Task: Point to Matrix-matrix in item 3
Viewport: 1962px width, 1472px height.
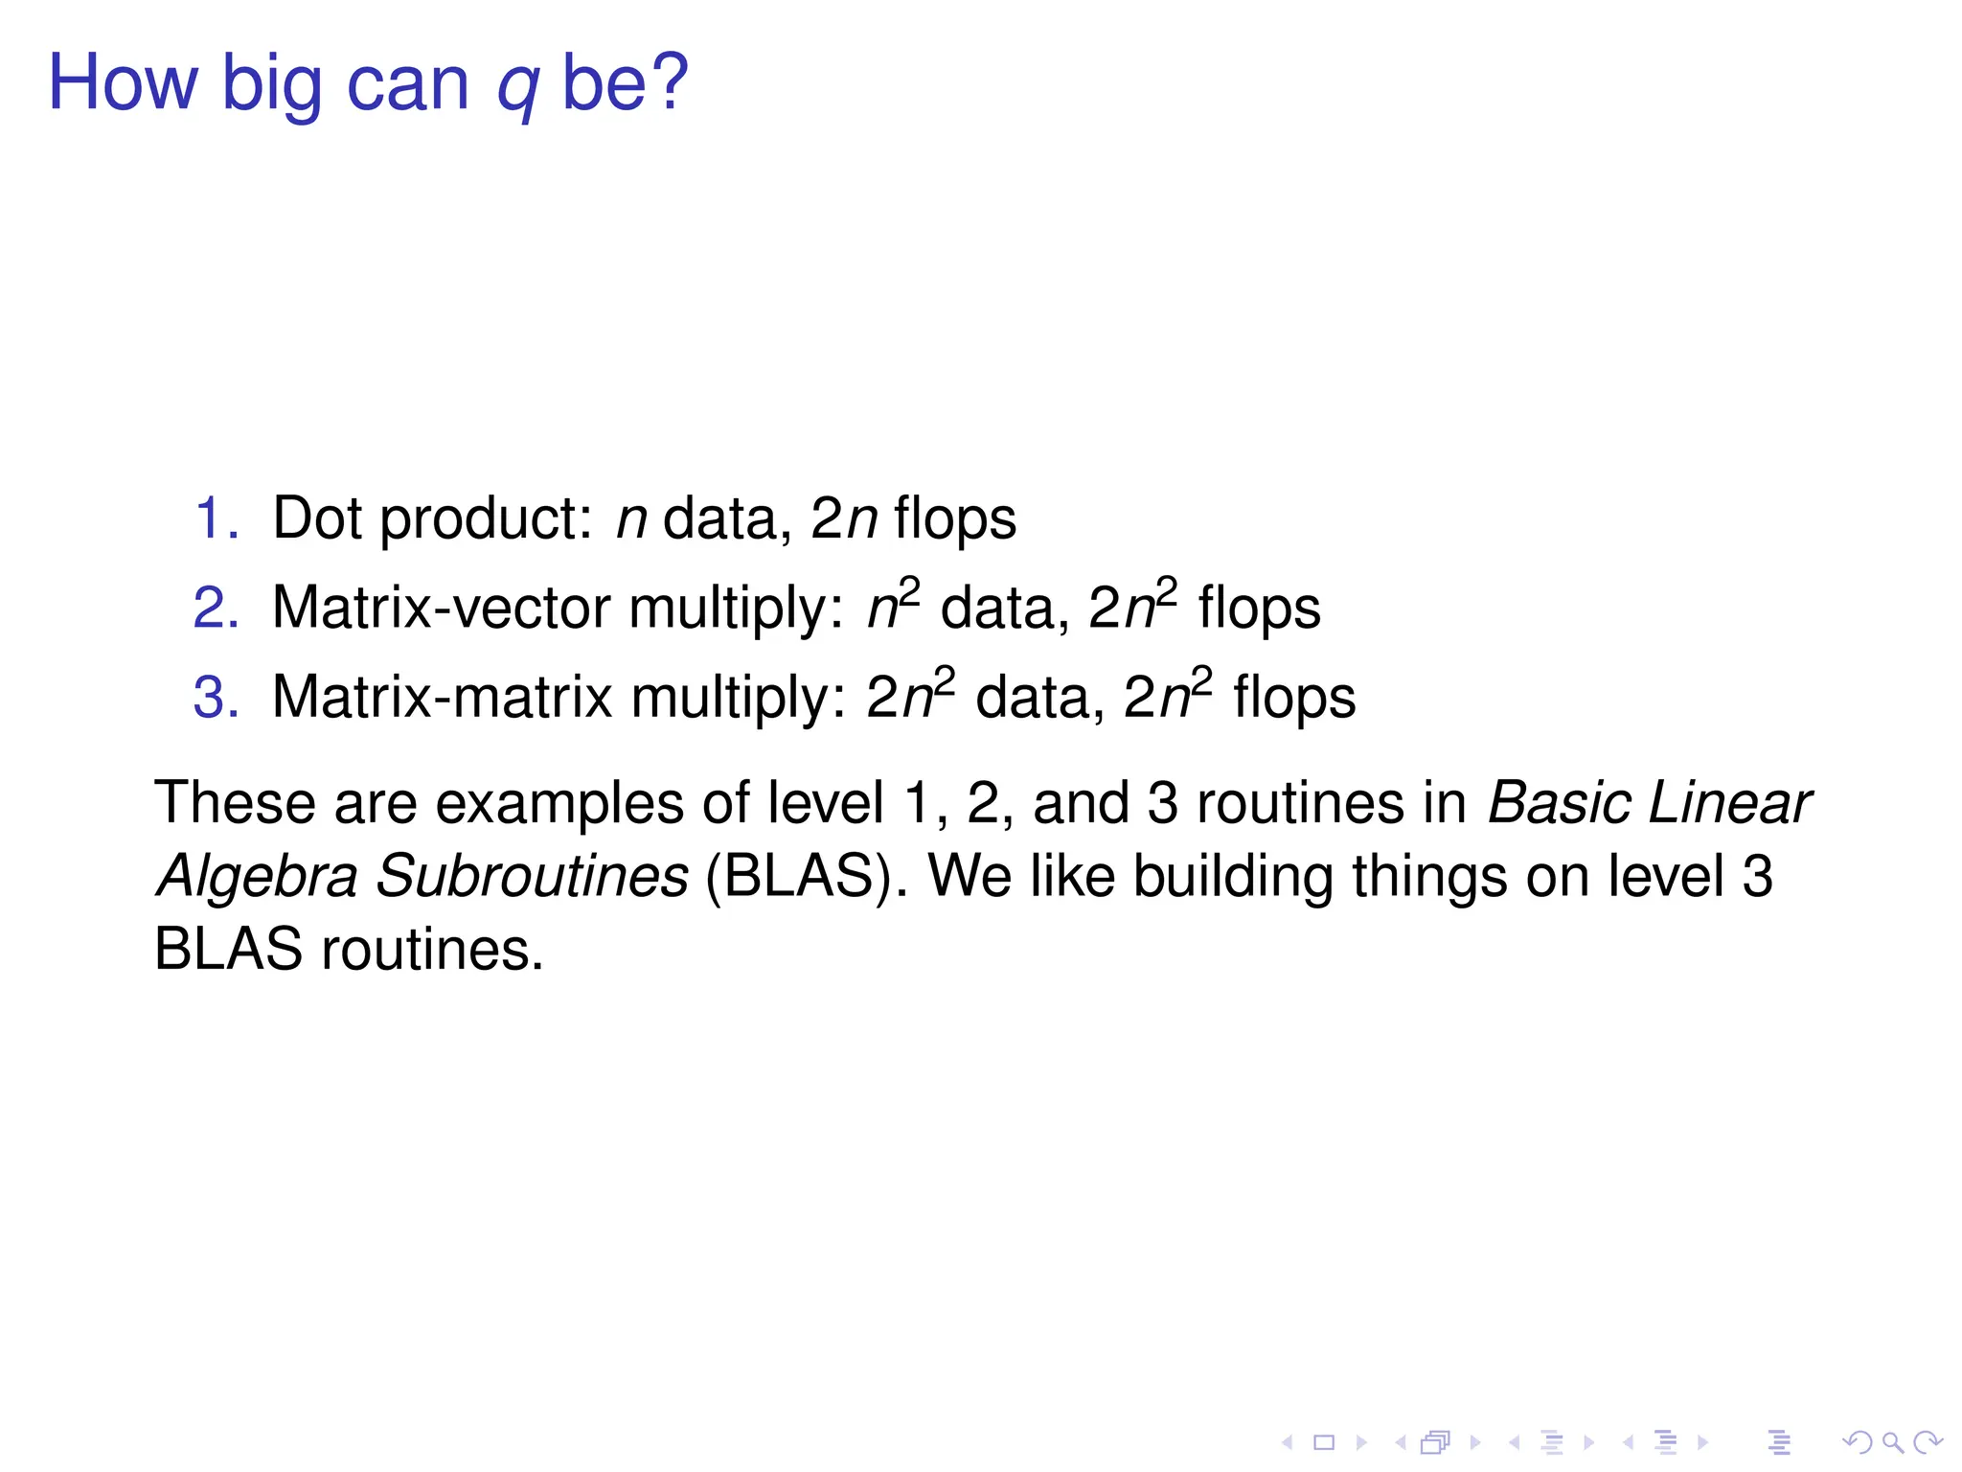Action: click(x=442, y=697)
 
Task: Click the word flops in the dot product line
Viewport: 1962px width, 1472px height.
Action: click(x=954, y=520)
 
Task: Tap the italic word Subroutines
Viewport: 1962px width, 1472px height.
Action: click(x=532, y=876)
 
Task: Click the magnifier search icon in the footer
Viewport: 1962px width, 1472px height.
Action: click(x=1893, y=1441)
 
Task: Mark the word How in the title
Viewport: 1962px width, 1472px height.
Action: click(x=123, y=82)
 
